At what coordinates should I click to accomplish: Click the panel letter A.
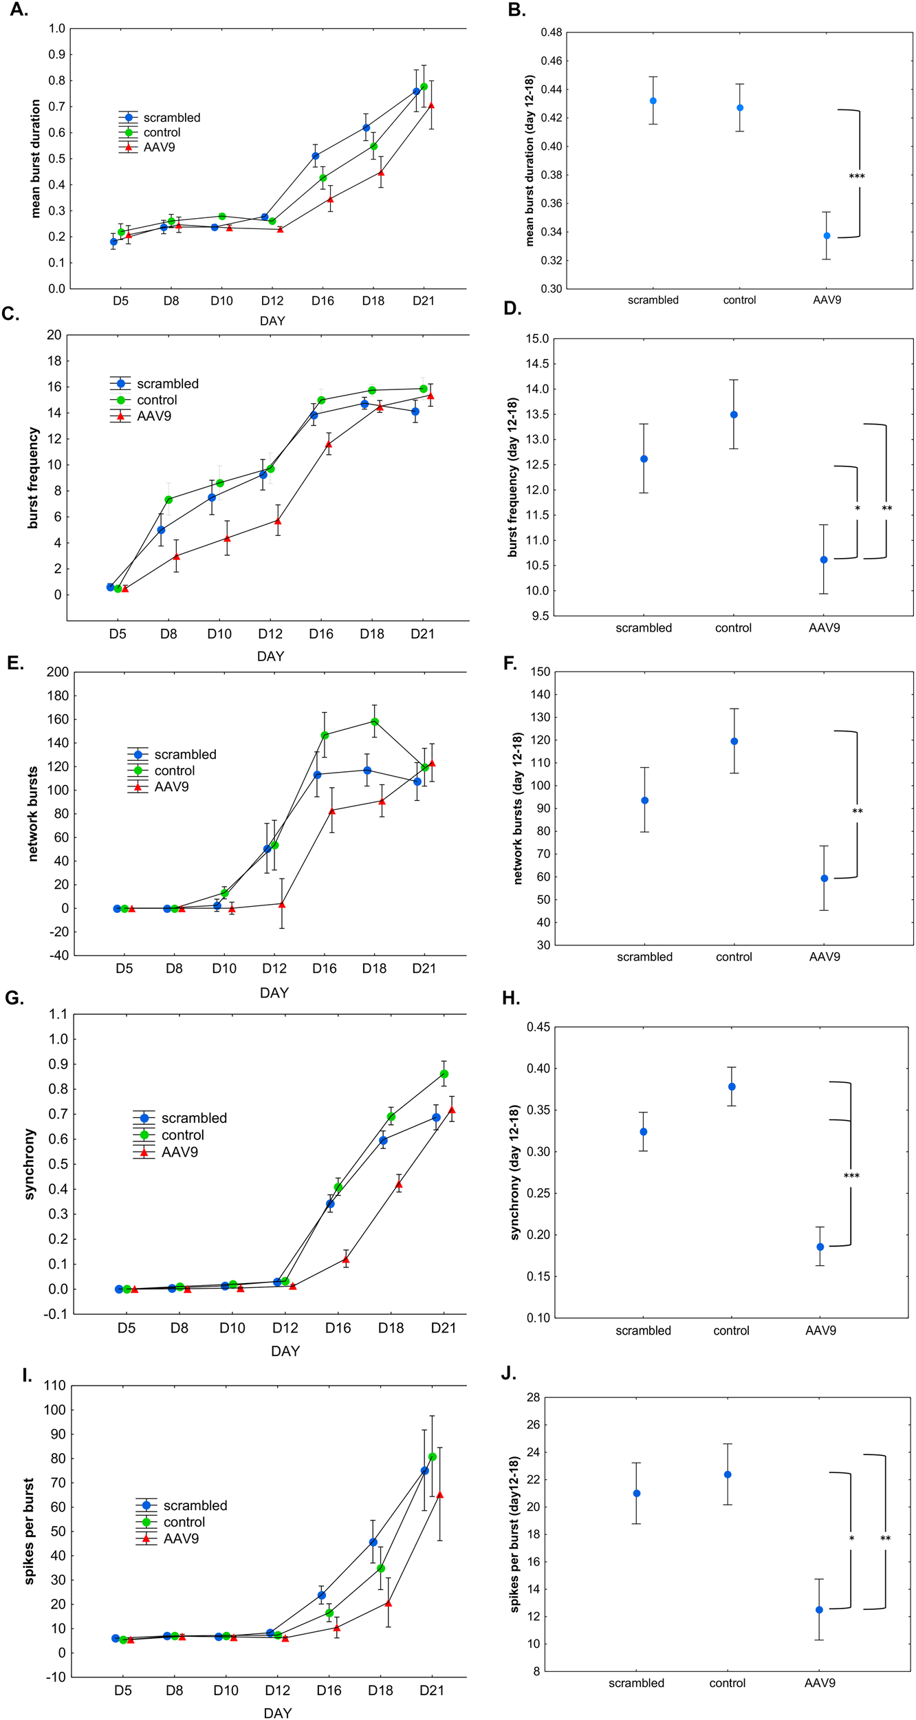(x=19, y=10)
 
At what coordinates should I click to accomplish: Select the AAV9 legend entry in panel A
(x=159, y=147)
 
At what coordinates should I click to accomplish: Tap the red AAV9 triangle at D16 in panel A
(x=330, y=200)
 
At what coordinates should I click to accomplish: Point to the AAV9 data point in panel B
(x=827, y=236)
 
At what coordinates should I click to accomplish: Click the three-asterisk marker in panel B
(x=856, y=177)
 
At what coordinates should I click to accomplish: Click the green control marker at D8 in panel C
(x=168, y=499)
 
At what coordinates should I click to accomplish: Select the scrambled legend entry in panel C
(x=167, y=384)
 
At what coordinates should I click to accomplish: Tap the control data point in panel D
(x=734, y=415)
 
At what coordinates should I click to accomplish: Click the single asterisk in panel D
(x=857, y=509)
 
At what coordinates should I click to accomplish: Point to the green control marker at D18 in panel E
(x=375, y=722)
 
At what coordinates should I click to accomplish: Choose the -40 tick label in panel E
(x=58, y=955)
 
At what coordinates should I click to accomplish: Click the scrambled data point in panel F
(x=644, y=800)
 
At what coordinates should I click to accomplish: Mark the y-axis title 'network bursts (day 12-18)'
(x=518, y=808)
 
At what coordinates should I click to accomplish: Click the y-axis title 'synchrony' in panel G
(x=29, y=1164)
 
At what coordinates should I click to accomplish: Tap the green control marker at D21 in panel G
(x=444, y=1074)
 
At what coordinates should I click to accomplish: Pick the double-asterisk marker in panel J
(x=884, y=1538)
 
